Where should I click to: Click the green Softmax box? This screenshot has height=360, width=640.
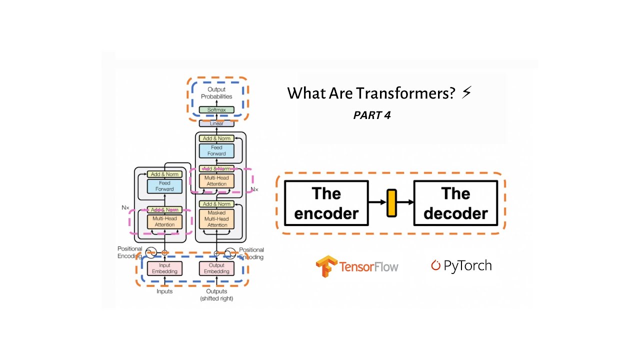coord(216,110)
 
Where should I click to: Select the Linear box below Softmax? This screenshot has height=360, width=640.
coord(216,123)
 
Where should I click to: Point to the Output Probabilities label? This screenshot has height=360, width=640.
coord(216,93)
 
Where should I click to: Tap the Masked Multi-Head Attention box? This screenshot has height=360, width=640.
coord(217,219)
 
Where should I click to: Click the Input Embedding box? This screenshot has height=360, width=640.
coord(164,268)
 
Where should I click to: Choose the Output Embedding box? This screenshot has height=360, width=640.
coord(217,268)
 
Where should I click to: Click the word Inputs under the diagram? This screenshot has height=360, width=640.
coord(164,291)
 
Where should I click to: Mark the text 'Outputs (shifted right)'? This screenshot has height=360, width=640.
coord(216,295)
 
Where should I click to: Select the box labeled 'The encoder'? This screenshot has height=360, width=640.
coord(326,203)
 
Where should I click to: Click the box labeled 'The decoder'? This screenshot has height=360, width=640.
coord(455,203)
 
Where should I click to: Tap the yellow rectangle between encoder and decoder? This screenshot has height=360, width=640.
coord(391,203)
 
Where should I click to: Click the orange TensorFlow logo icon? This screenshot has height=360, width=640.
coord(326,266)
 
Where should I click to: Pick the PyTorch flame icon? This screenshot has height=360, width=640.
coord(435,265)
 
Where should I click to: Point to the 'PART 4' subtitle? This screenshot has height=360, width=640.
coord(372,115)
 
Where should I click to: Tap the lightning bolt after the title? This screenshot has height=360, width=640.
coord(466,92)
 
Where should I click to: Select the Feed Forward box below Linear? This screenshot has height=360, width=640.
coord(216,151)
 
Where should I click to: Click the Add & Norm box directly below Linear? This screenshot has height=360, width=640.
coord(216,138)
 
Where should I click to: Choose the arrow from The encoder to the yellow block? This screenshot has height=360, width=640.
coord(377,202)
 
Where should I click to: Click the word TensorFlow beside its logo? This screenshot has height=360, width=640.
coord(369,266)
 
